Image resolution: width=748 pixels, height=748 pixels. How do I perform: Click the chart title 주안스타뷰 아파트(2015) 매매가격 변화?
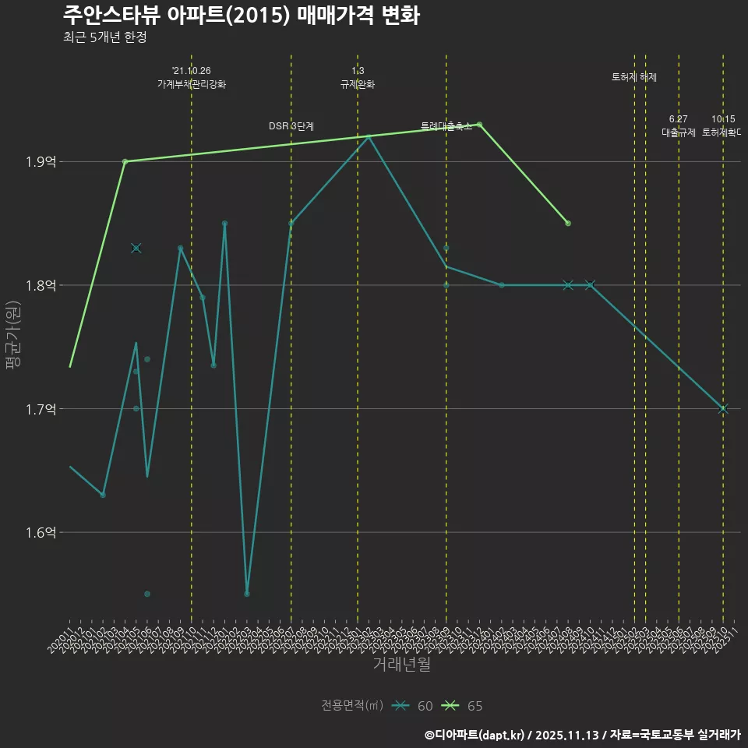point(241,15)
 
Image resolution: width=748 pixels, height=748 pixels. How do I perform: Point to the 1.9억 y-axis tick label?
point(40,162)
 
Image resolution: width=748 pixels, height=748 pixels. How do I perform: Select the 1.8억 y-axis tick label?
point(40,285)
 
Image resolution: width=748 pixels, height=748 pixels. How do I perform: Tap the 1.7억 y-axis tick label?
point(40,409)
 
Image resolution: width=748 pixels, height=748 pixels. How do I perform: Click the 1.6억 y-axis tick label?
point(40,533)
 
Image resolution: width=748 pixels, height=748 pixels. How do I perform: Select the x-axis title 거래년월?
point(401,665)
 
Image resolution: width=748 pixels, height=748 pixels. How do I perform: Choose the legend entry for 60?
point(413,706)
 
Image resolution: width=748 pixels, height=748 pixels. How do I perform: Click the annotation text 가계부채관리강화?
point(192,84)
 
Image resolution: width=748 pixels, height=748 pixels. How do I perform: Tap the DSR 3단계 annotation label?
point(291,125)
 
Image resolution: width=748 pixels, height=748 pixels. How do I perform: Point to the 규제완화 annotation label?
point(358,84)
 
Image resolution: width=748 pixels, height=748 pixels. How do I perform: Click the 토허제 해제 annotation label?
point(634,77)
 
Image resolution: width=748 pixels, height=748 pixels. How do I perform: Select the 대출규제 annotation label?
point(679,132)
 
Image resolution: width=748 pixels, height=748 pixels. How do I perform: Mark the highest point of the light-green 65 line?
point(479,125)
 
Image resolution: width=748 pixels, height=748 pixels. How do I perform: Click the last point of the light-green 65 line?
point(568,224)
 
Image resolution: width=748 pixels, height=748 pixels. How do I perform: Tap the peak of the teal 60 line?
point(369,136)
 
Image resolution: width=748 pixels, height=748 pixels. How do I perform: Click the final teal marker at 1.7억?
point(723,409)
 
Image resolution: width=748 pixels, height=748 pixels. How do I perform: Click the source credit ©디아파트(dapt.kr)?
point(476,734)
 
